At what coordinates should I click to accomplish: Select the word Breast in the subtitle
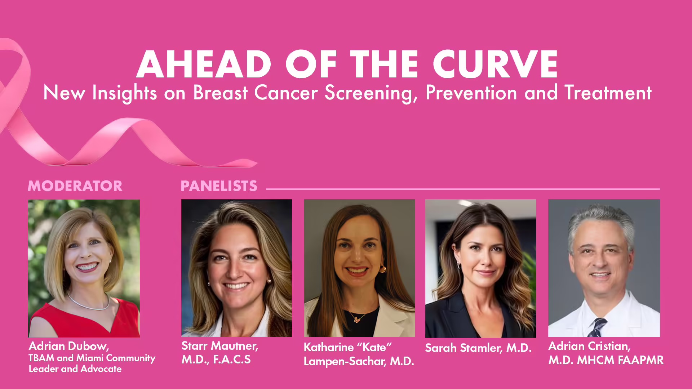coord(220,93)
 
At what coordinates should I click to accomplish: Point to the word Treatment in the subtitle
coord(608,93)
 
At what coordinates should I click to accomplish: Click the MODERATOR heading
coord(75,186)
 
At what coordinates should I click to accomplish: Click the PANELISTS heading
coord(219,186)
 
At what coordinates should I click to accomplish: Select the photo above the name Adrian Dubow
coord(84,268)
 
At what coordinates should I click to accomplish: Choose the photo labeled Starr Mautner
coord(236,268)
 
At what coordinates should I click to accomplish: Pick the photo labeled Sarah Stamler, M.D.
coord(480,268)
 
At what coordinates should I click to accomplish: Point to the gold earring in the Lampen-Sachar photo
coord(382,269)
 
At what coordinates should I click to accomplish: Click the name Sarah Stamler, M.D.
coord(478,348)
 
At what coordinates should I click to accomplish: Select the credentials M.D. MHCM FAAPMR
coord(606,360)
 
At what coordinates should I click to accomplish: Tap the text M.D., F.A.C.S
coord(216,359)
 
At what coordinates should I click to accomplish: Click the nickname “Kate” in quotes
coord(374,347)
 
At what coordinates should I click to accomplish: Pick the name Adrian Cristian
coord(589,346)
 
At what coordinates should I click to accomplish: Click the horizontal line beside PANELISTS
coord(463,189)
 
